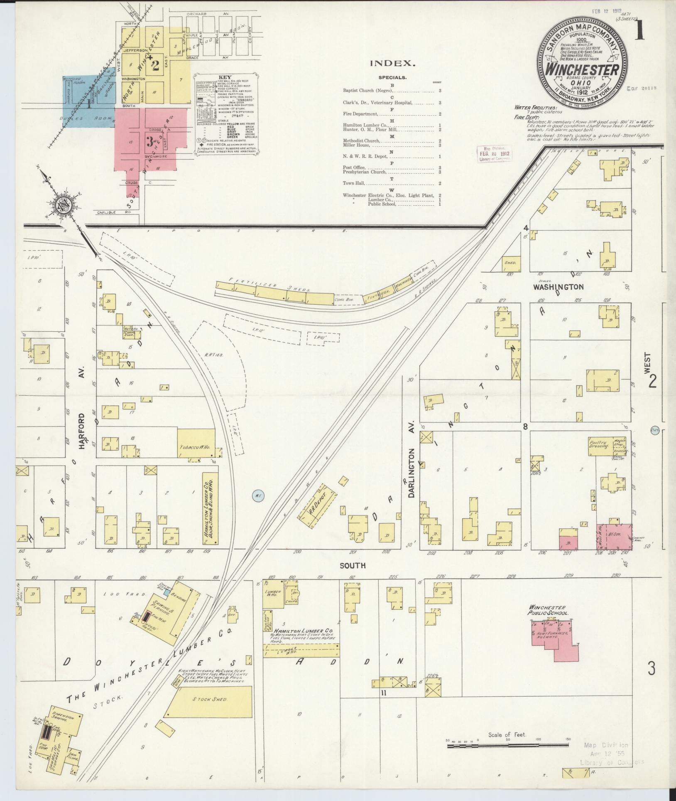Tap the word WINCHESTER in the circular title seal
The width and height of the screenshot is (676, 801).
582,69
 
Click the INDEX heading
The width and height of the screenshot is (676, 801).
392,64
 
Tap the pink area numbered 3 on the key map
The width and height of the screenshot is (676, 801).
149,141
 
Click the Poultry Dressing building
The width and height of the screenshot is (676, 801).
598,444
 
